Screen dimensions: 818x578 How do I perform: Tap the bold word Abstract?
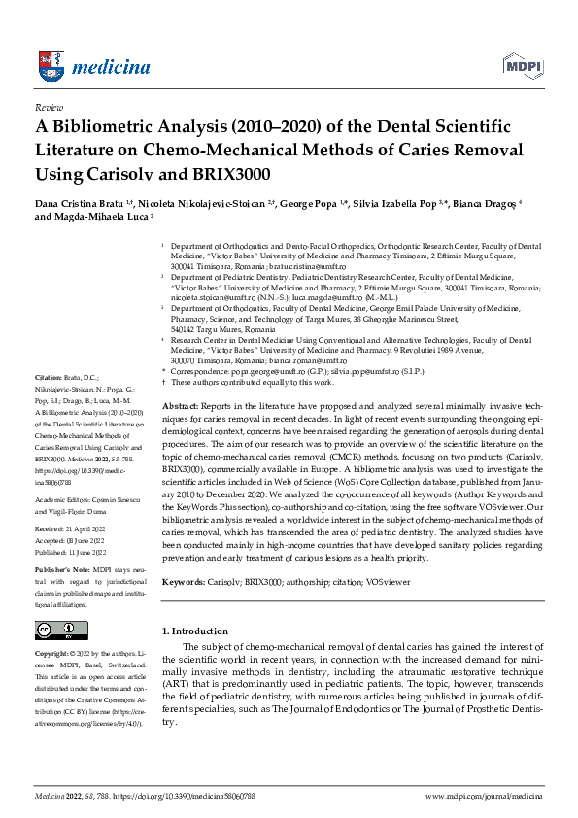[182, 403]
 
